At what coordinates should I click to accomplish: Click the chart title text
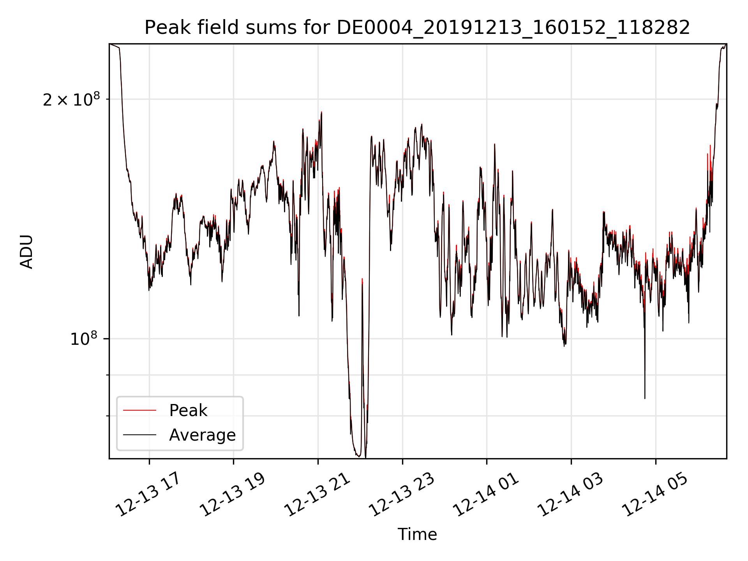coord(417,28)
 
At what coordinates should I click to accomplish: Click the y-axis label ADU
coord(26,252)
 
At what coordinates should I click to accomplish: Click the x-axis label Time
coord(417,535)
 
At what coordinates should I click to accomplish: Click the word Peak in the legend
coord(188,411)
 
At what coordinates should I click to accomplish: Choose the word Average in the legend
coord(202,435)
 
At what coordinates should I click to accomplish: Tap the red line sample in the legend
coord(139,410)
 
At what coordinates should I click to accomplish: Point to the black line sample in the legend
coord(139,435)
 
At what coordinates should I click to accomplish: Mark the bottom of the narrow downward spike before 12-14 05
coord(645,398)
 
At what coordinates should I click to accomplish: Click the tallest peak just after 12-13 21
coord(321,112)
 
